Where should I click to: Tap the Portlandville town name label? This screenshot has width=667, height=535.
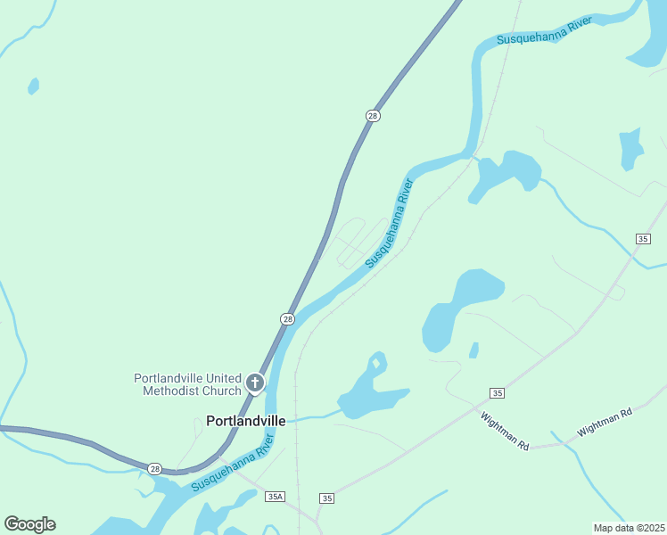(246, 421)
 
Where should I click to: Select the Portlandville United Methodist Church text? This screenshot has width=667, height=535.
(187, 383)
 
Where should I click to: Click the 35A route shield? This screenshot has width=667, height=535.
(275, 497)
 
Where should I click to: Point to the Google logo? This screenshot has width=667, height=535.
(29, 524)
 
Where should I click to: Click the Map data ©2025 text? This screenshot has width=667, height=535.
(629, 527)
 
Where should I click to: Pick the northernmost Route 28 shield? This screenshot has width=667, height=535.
(373, 116)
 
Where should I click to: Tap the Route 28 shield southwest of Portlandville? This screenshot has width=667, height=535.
(155, 468)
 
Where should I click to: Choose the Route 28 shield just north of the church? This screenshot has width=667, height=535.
(287, 318)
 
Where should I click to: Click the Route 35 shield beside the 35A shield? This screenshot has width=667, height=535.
(327, 498)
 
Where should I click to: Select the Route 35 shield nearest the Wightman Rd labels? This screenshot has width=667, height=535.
(498, 393)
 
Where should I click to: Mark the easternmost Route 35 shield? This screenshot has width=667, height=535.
(643, 238)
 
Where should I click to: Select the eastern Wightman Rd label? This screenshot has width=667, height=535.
(605, 421)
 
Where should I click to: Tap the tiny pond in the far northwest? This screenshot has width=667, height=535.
(34, 86)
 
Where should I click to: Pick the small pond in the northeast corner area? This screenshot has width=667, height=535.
(631, 147)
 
